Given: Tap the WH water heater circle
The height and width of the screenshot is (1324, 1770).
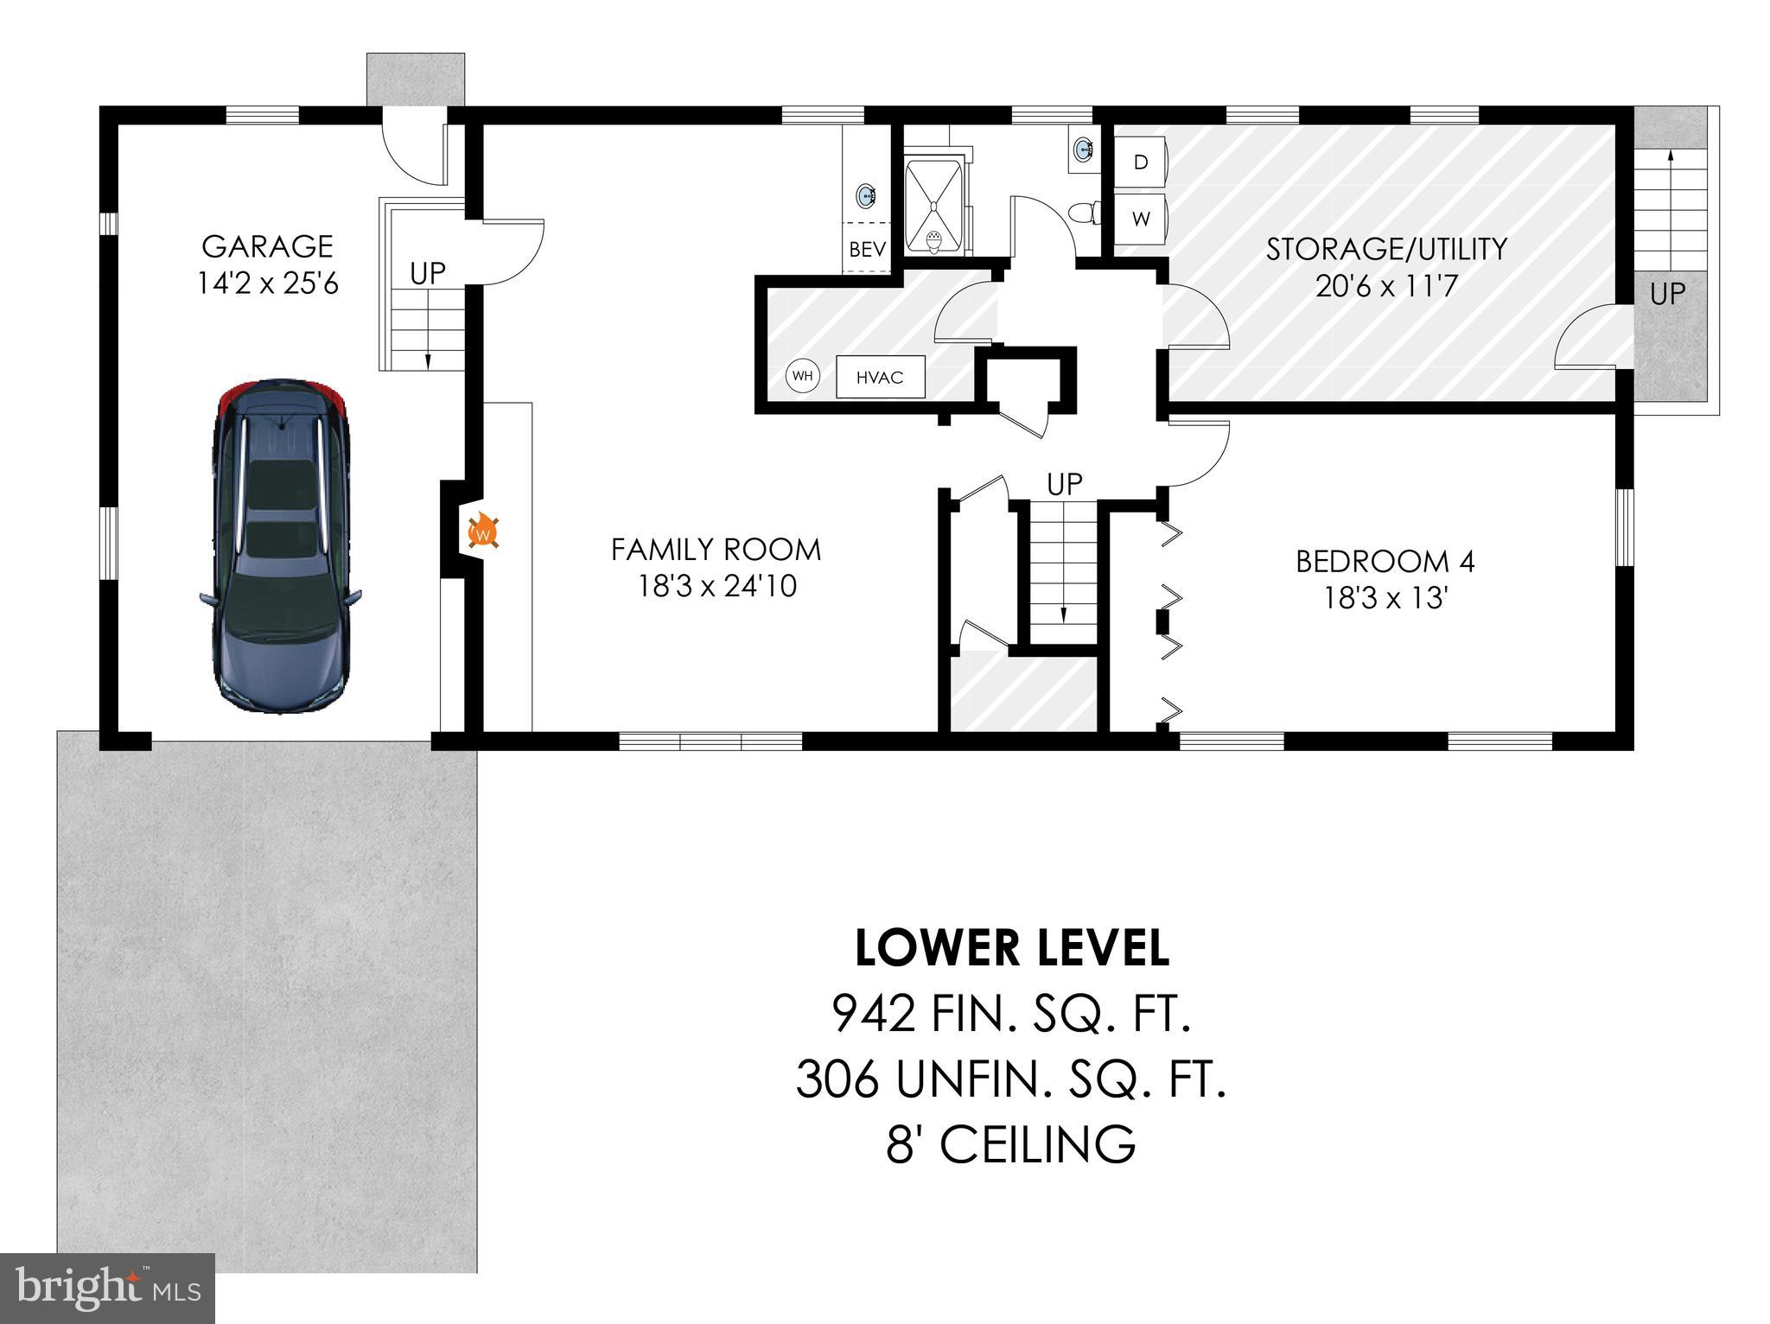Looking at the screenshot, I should click(x=802, y=376).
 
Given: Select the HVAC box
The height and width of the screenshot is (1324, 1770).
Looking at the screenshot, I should click(x=880, y=378).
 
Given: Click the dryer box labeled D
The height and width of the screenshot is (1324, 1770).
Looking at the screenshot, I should click(x=1141, y=162).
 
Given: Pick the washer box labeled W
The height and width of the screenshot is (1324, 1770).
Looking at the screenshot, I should click(x=1141, y=220).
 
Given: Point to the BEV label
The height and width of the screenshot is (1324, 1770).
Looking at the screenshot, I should click(x=867, y=250).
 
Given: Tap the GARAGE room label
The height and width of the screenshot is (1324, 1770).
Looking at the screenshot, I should click(x=267, y=246).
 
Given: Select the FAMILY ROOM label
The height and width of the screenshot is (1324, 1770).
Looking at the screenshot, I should click(x=716, y=550).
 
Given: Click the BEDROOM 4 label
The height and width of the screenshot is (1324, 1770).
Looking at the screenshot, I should click(x=1385, y=562).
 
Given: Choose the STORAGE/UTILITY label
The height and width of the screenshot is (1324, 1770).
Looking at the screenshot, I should click(x=1386, y=249).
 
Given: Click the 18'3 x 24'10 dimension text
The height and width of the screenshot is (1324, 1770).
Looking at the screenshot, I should click(x=716, y=587).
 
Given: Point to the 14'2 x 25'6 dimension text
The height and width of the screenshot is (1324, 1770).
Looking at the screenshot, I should click(x=267, y=283).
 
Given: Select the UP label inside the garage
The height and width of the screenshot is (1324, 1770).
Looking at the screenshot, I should click(x=427, y=273).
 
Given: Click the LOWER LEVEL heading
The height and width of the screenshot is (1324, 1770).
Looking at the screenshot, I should click(x=1011, y=948).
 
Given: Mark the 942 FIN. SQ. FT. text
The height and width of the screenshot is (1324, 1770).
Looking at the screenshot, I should click(x=1011, y=1014).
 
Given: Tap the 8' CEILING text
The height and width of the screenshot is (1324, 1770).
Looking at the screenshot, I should click(x=1011, y=1144).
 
